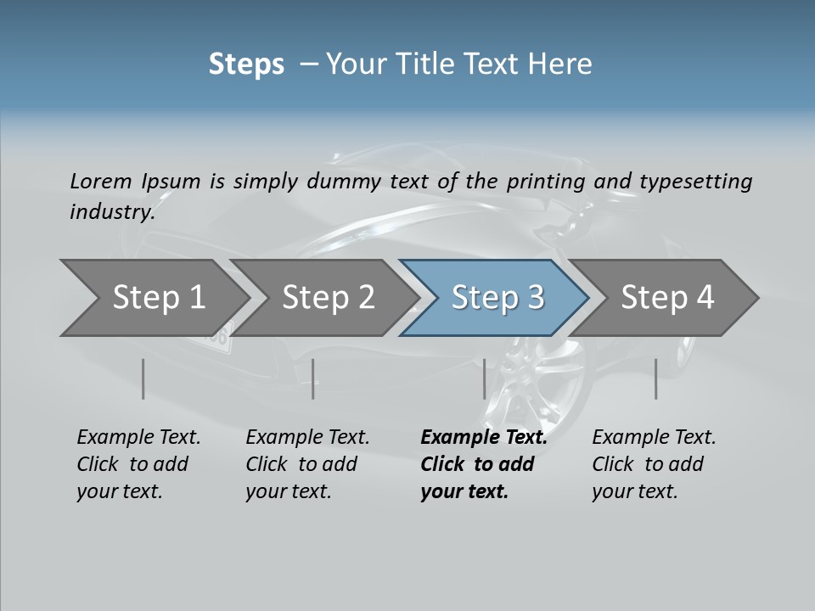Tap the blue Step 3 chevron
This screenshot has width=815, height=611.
pyautogui.click(x=497, y=297)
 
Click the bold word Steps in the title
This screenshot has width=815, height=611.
pyautogui.click(x=246, y=64)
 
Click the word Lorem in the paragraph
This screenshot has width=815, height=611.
pyautogui.click(x=100, y=181)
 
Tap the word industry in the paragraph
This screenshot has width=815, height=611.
pyautogui.click(x=112, y=211)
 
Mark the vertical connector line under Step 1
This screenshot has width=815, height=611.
pyautogui.click(x=143, y=378)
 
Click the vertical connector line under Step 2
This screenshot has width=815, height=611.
pyautogui.click(x=313, y=378)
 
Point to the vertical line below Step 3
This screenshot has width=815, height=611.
pyautogui.click(x=484, y=378)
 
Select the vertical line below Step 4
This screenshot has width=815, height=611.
pyautogui.click(x=655, y=378)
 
